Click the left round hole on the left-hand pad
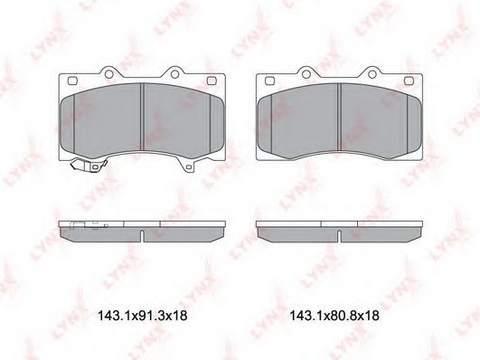(108, 74)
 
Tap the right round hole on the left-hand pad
(174, 74)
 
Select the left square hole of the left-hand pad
(72, 81)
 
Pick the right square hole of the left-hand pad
(212, 81)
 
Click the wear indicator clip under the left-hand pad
(89, 166)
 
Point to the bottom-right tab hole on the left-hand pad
(189, 167)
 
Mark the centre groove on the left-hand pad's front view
(142, 117)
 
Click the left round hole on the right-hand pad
(306, 74)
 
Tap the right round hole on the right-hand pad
(372, 74)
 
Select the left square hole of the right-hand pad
(269, 81)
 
